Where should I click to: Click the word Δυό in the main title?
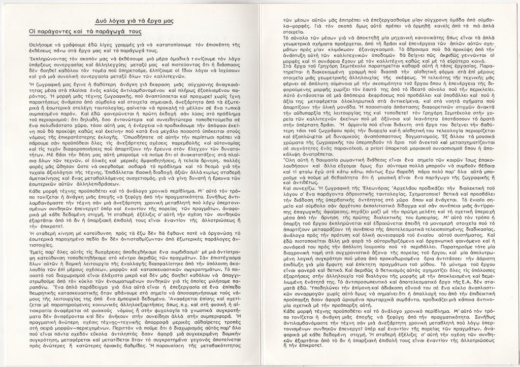pyautogui.click(x=102, y=21)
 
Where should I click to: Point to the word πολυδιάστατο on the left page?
pyautogui.click(x=55, y=138)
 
